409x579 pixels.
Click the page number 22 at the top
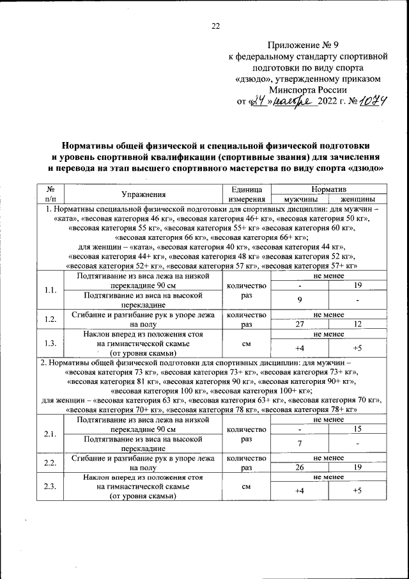pyautogui.click(x=215, y=26)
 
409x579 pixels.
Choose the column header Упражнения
pyautogui.click(x=144, y=194)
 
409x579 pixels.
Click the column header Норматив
pyautogui.click(x=328, y=190)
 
